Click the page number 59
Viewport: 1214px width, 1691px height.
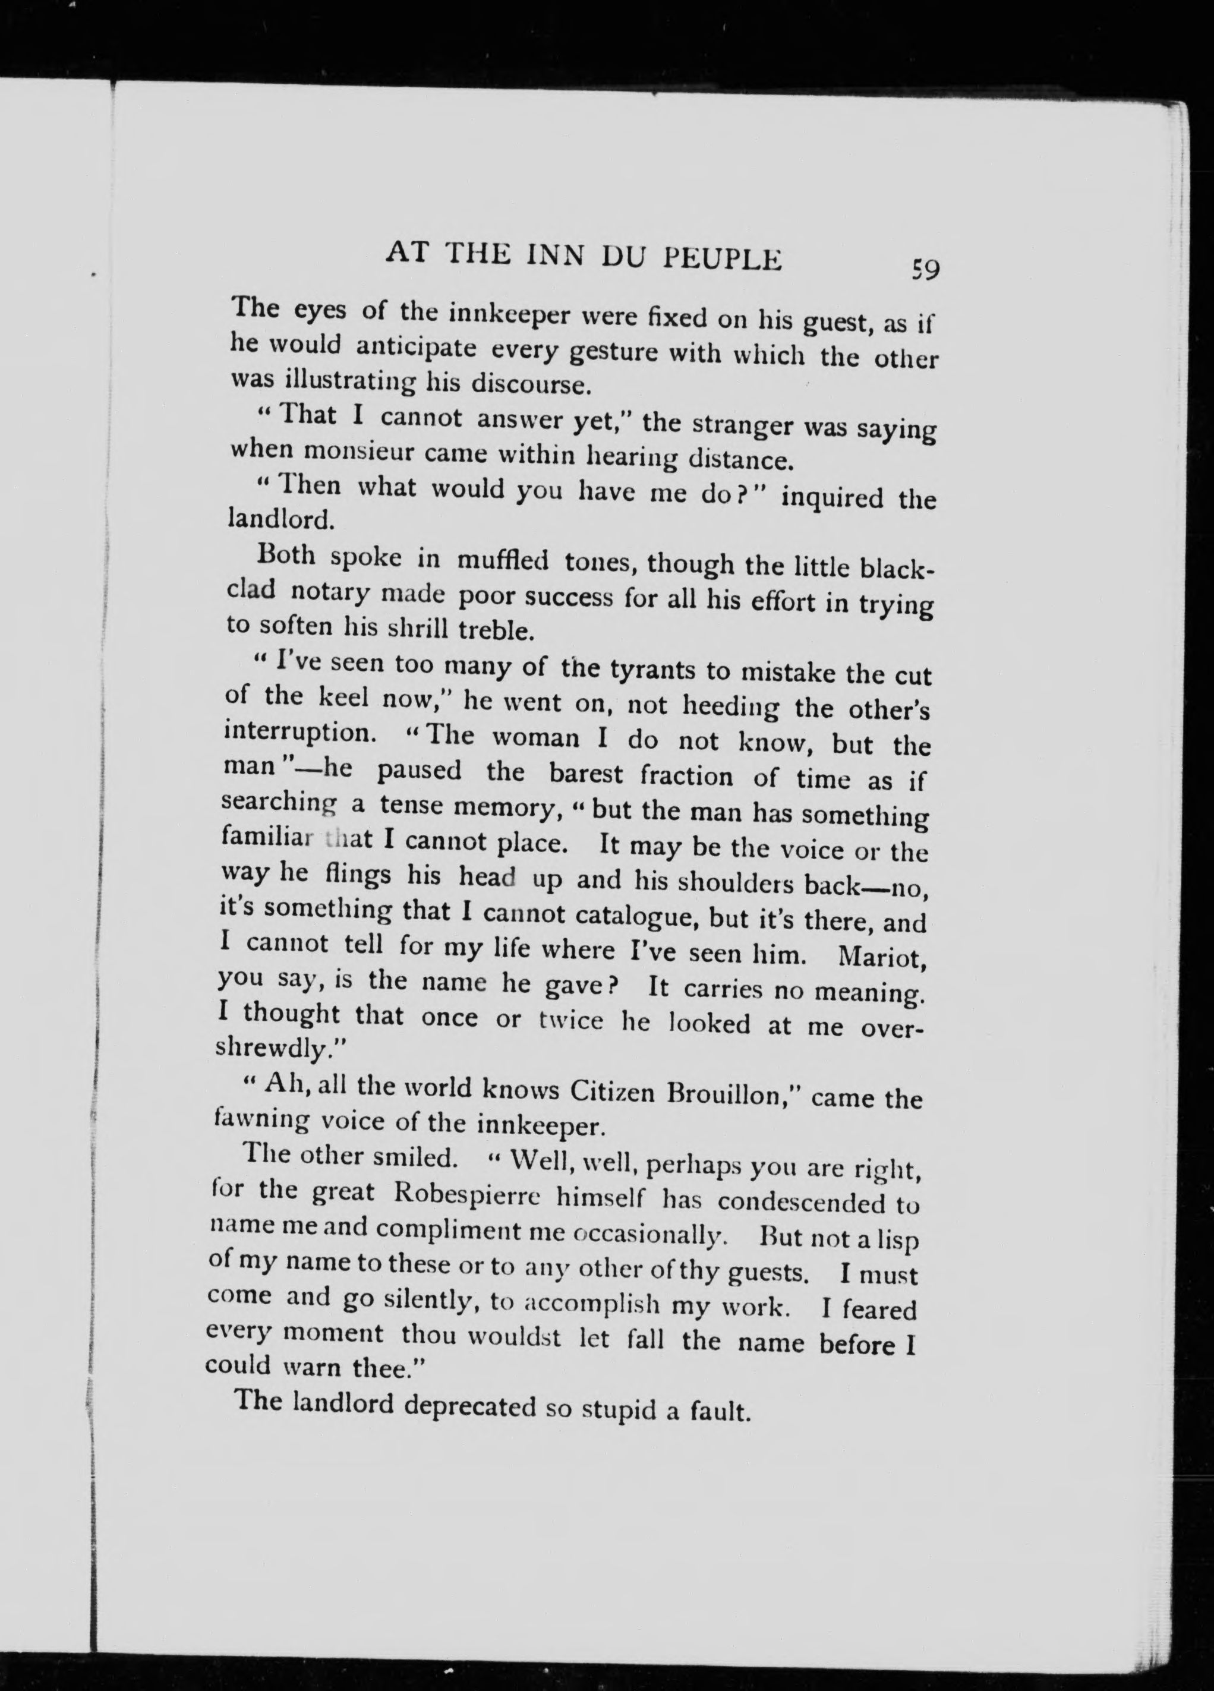point(925,270)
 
